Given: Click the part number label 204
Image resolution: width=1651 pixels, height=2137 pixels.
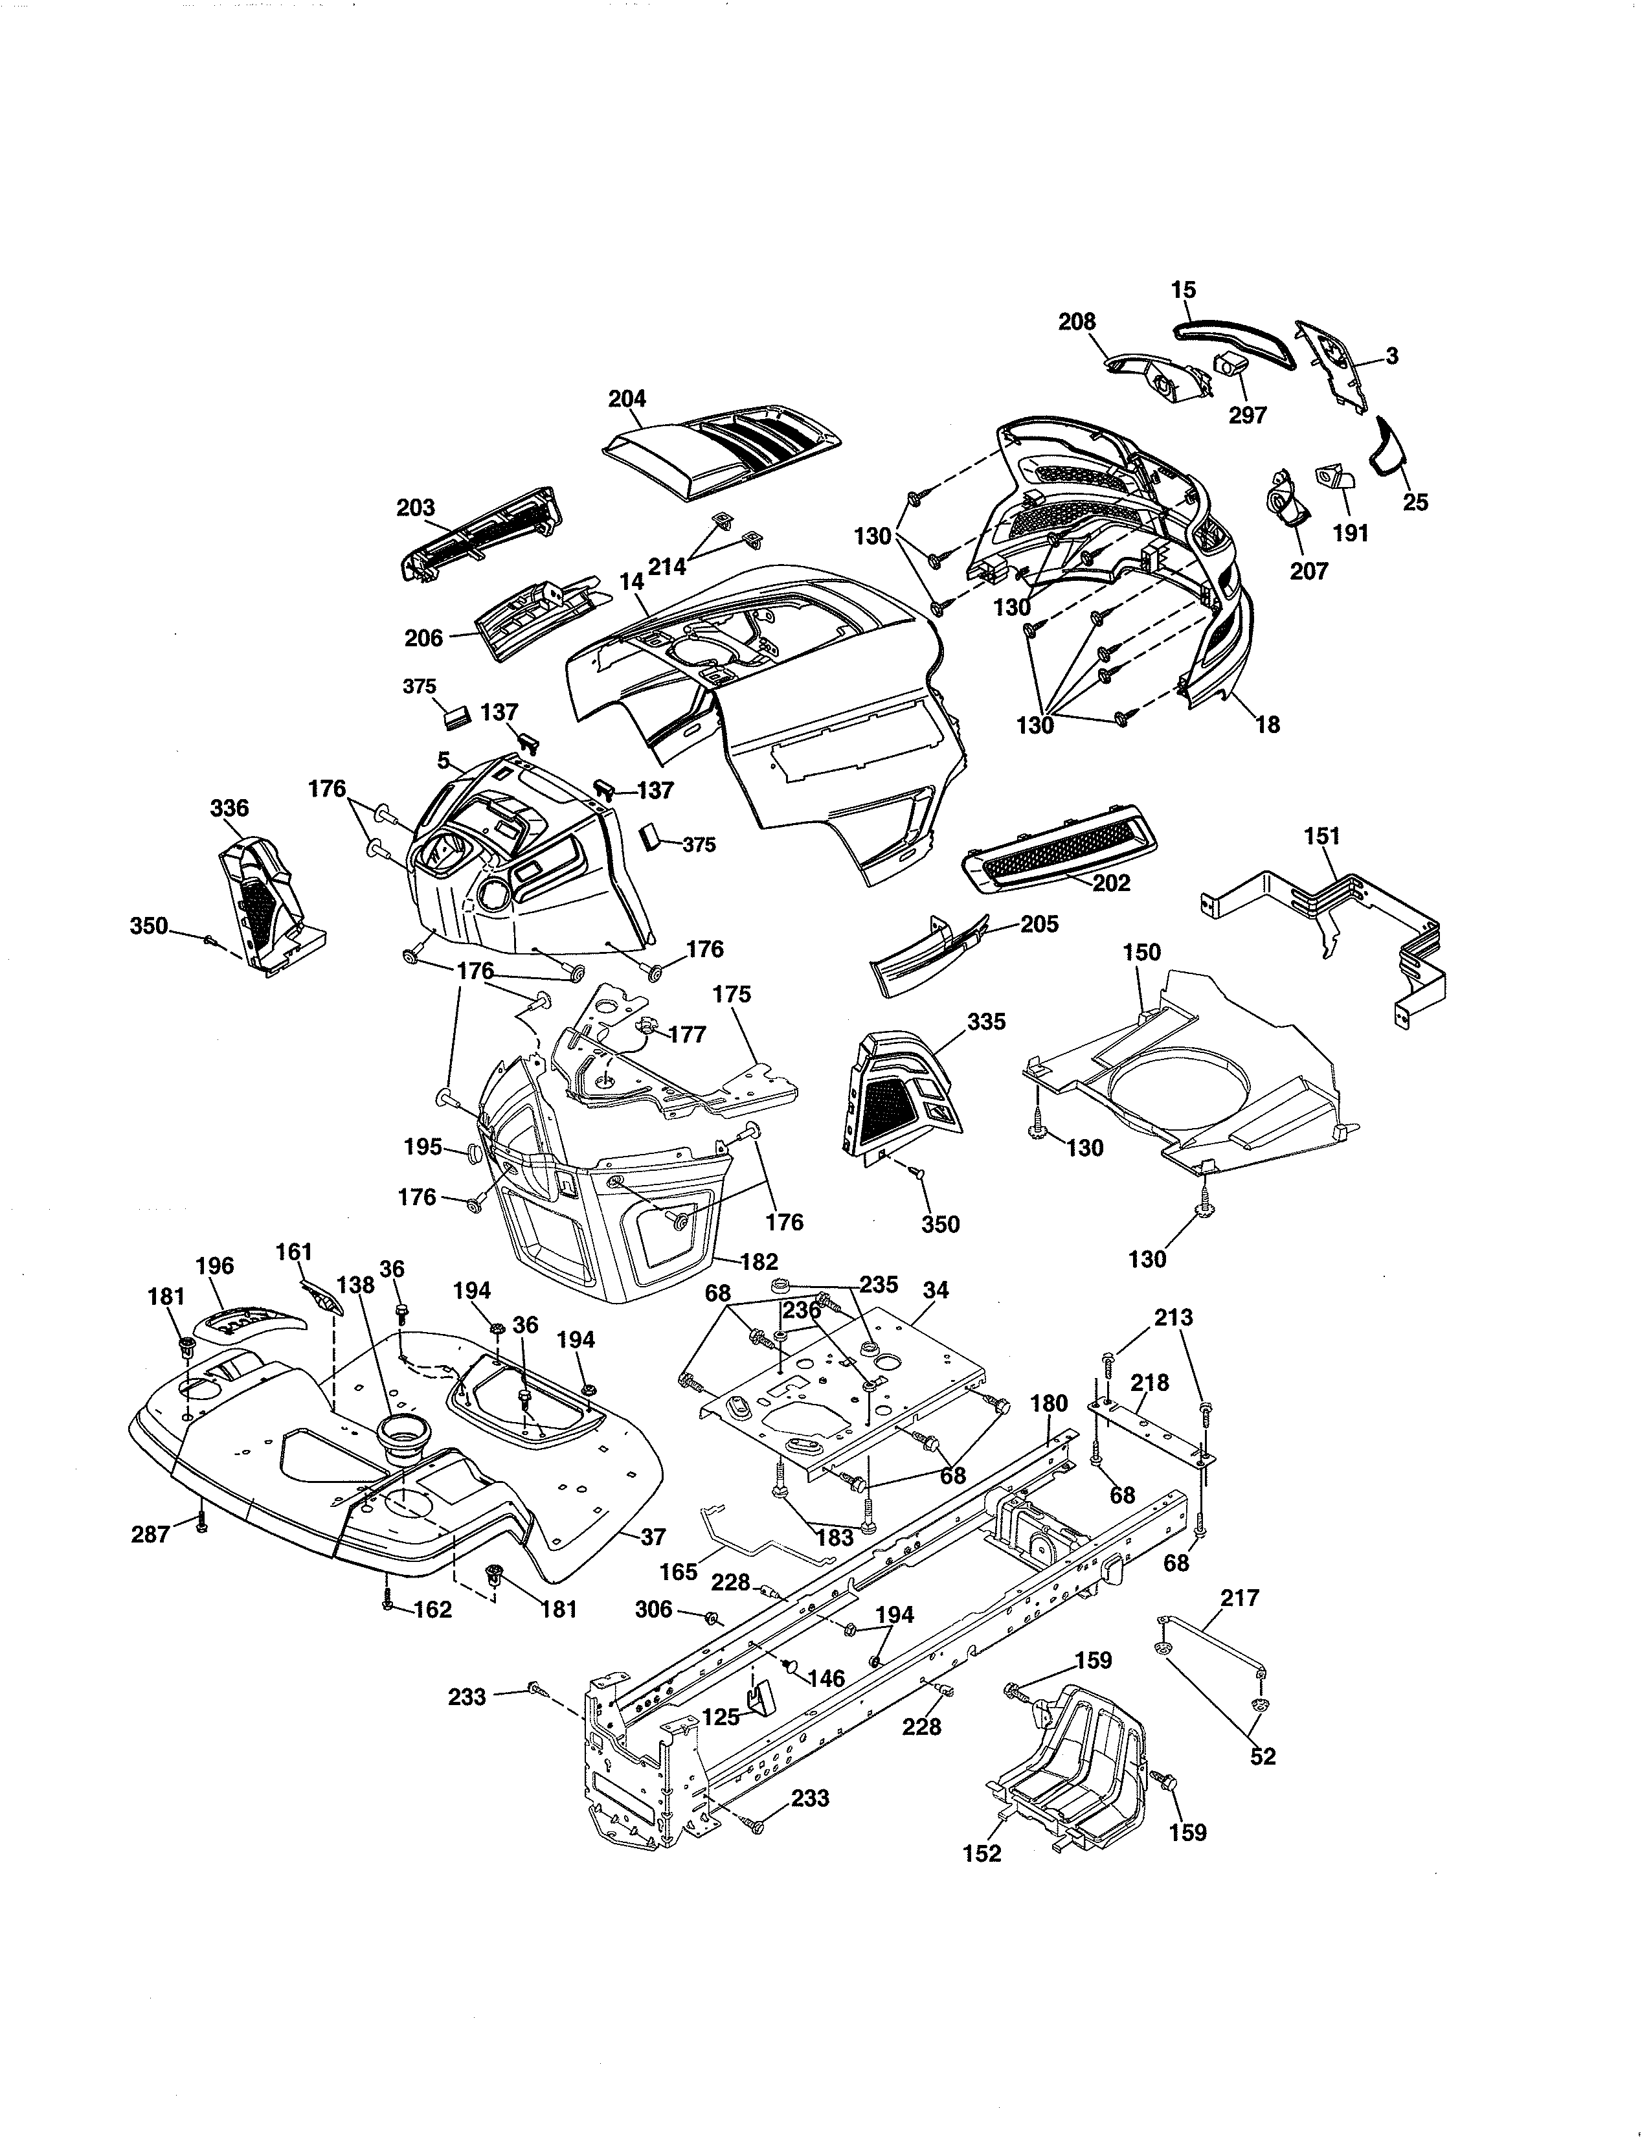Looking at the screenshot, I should pyautogui.click(x=627, y=398).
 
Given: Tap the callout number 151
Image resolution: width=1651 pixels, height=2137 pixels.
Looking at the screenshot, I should pyautogui.click(x=1321, y=837).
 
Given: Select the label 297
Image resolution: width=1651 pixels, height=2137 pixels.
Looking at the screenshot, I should pyautogui.click(x=1247, y=415).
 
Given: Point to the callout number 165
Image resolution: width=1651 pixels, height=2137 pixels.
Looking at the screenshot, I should pyautogui.click(x=678, y=1572).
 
